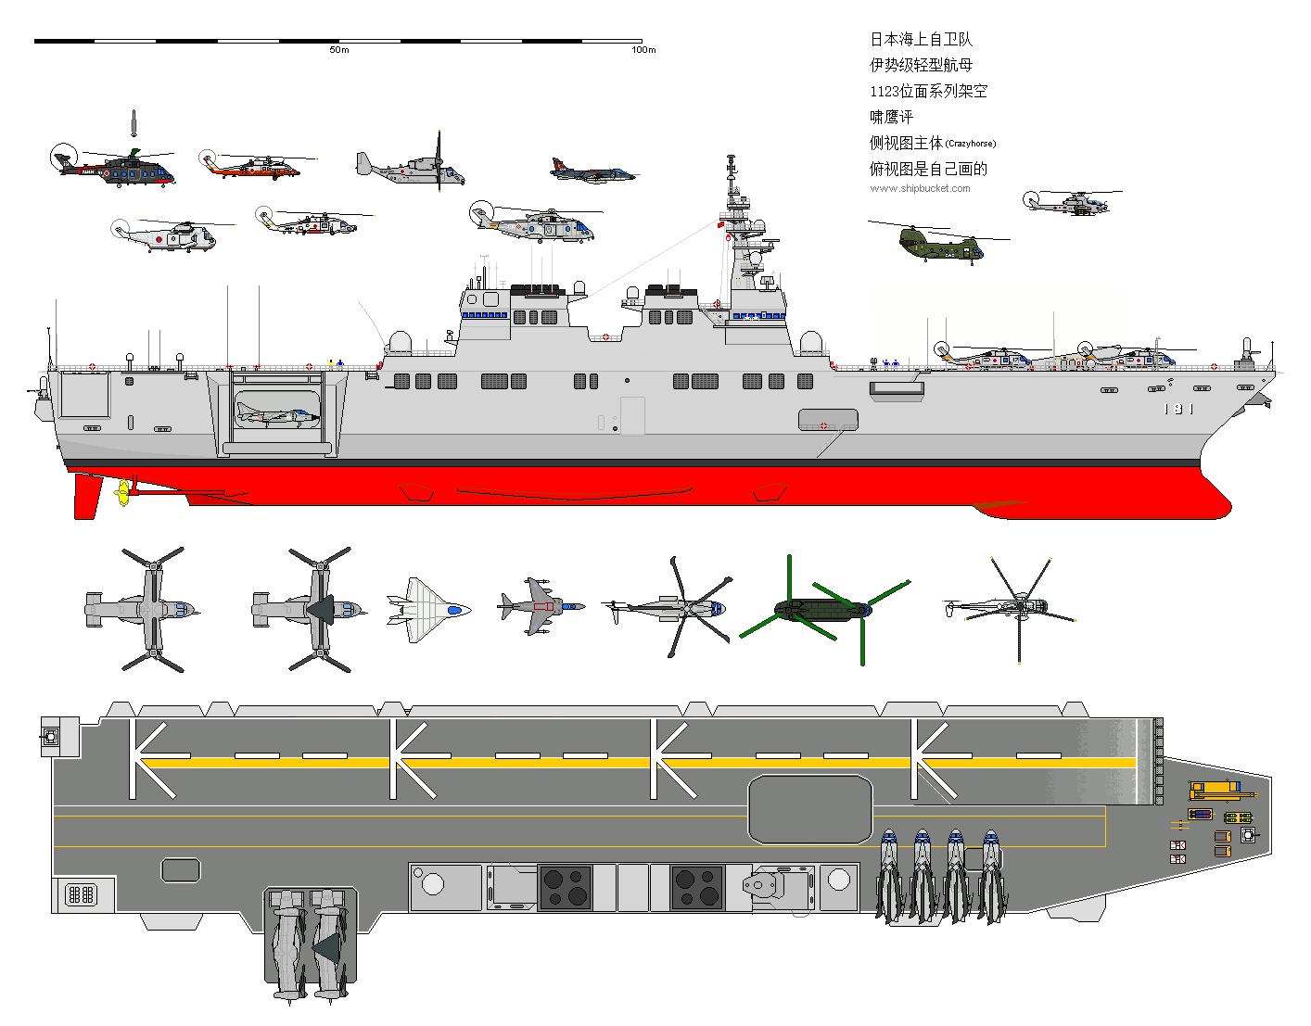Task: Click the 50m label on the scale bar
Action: click(338, 50)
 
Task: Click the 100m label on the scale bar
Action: click(643, 50)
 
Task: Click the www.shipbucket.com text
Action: click(920, 188)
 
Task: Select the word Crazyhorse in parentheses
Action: click(971, 144)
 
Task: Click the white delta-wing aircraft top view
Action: click(426, 610)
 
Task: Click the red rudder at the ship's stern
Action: click(85, 496)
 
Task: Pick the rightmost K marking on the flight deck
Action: click(932, 759)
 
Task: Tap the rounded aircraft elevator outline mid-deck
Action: click(810, 809)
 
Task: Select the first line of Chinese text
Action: click(921, 40)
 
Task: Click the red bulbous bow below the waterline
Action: click(1196, 505)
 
